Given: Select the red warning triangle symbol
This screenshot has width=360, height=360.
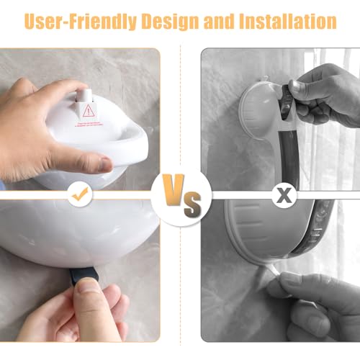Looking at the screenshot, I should coord(89,110).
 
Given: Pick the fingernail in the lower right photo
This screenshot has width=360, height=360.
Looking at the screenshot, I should coord(289,279).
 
